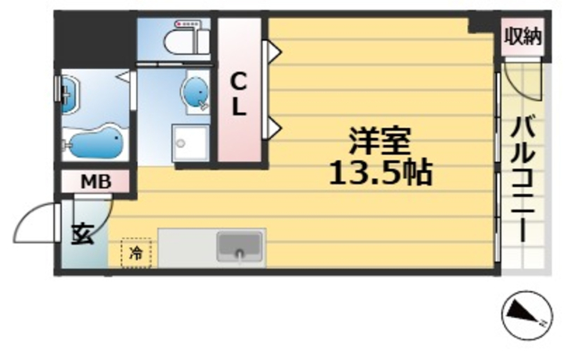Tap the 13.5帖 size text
tap(380, 172)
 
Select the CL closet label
tap(240, 94)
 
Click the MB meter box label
tap(96, 183)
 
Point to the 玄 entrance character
tap(81, 234)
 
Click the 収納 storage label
tap(523, 37)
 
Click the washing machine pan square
tap(189, 144)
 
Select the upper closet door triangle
tap(272, 53)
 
